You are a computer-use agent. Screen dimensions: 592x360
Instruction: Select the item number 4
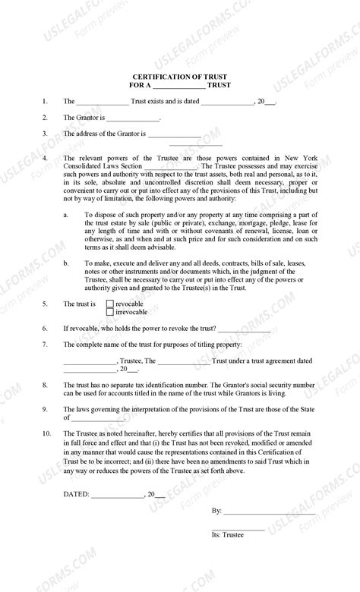coord(46,159)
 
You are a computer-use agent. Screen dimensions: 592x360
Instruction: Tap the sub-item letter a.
coord(66,216)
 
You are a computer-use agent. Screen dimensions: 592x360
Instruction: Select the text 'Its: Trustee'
coord(228,535)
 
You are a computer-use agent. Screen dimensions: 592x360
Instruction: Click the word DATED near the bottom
coord(75,493)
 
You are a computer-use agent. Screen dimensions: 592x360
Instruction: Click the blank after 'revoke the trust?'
coord(244,329)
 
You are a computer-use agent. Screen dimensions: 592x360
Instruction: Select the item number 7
coord(46,345)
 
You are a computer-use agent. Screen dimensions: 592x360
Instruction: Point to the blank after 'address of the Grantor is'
coord(174,135)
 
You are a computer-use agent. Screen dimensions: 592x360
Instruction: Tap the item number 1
coord(46,101)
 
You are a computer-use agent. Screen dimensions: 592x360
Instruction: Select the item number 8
coord(46,386)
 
